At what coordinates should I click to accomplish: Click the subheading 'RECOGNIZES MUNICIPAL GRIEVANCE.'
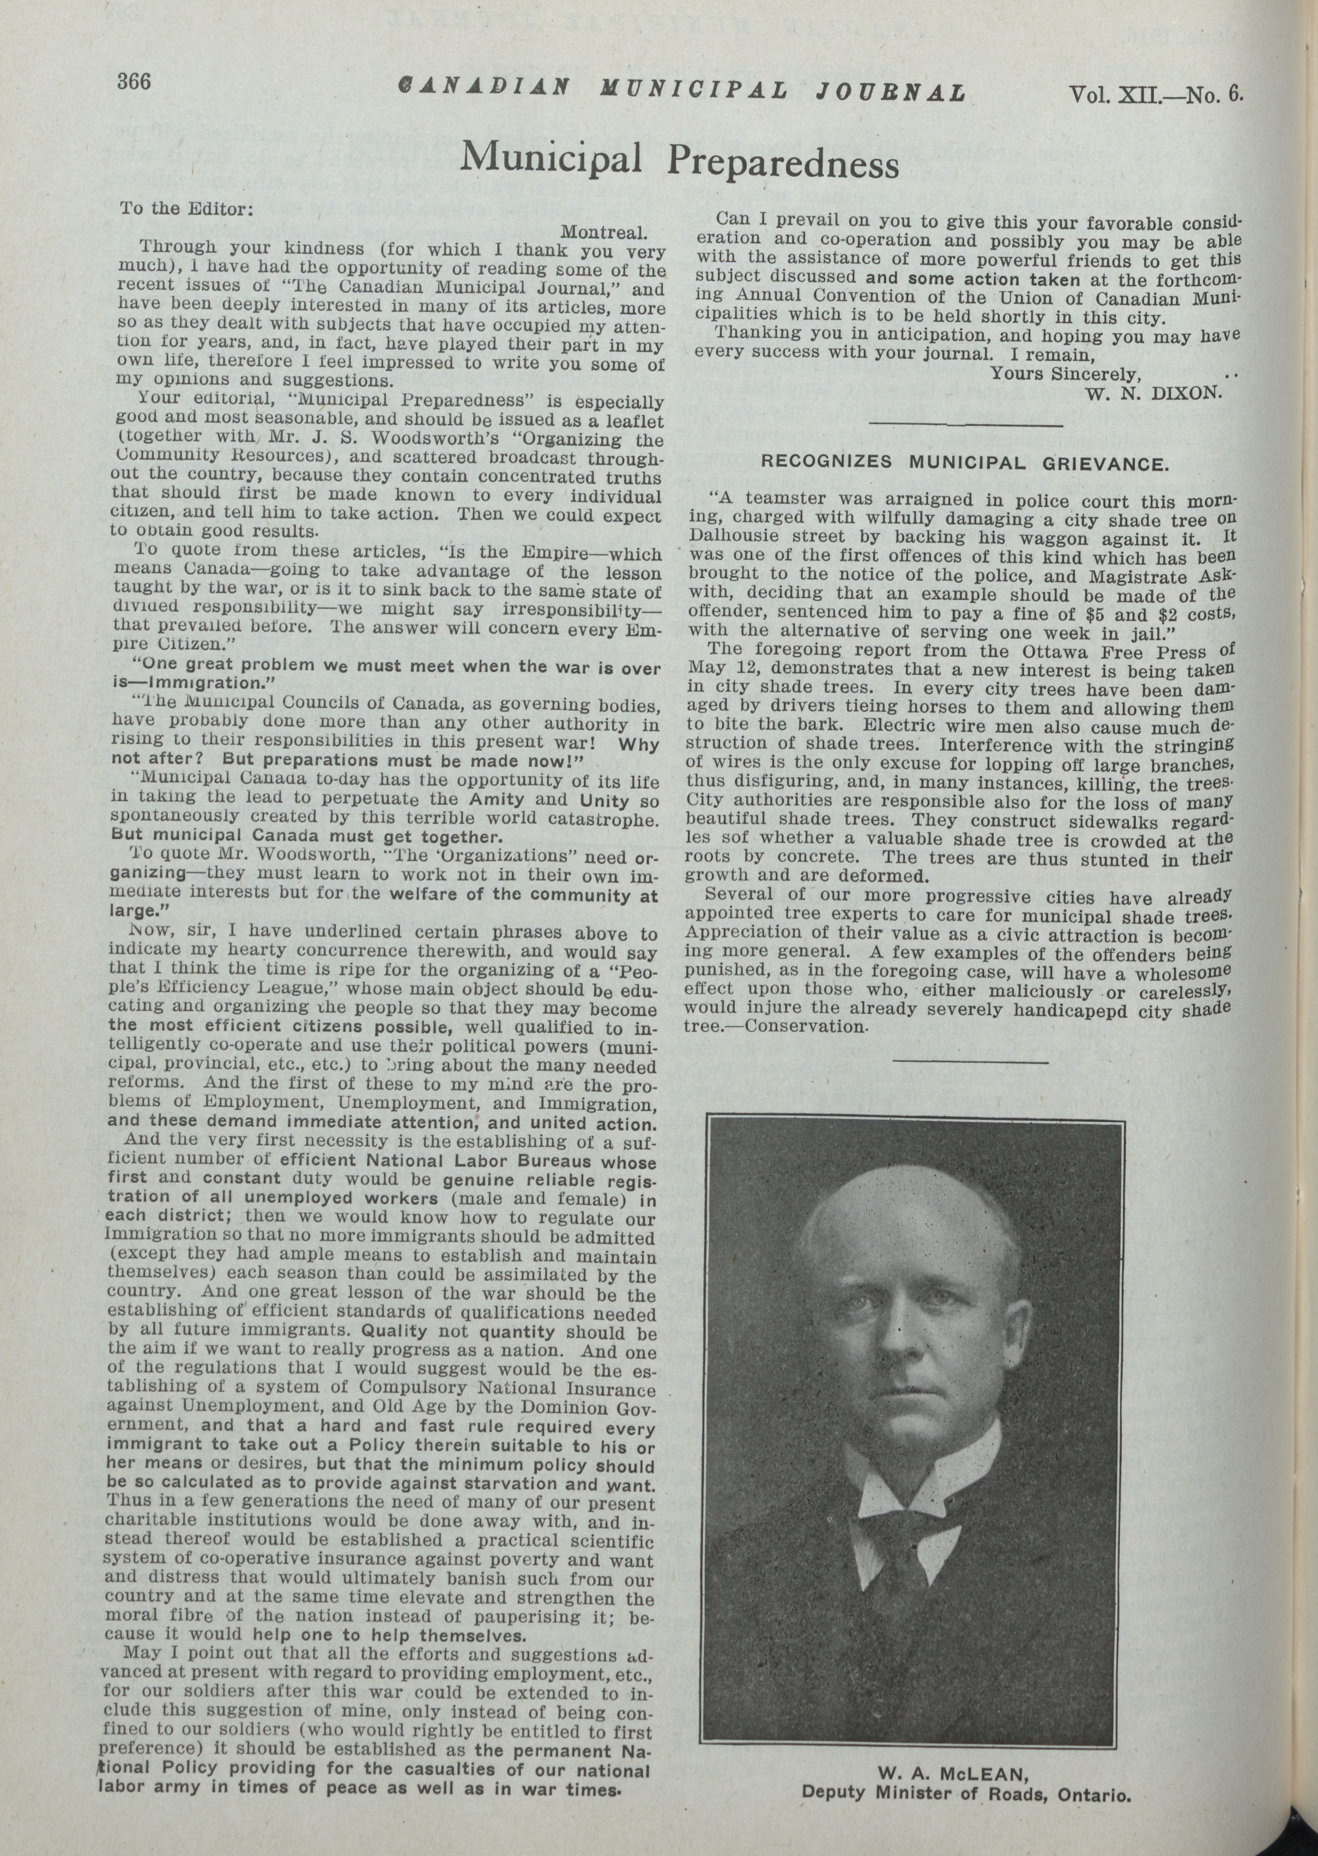(964, 463)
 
